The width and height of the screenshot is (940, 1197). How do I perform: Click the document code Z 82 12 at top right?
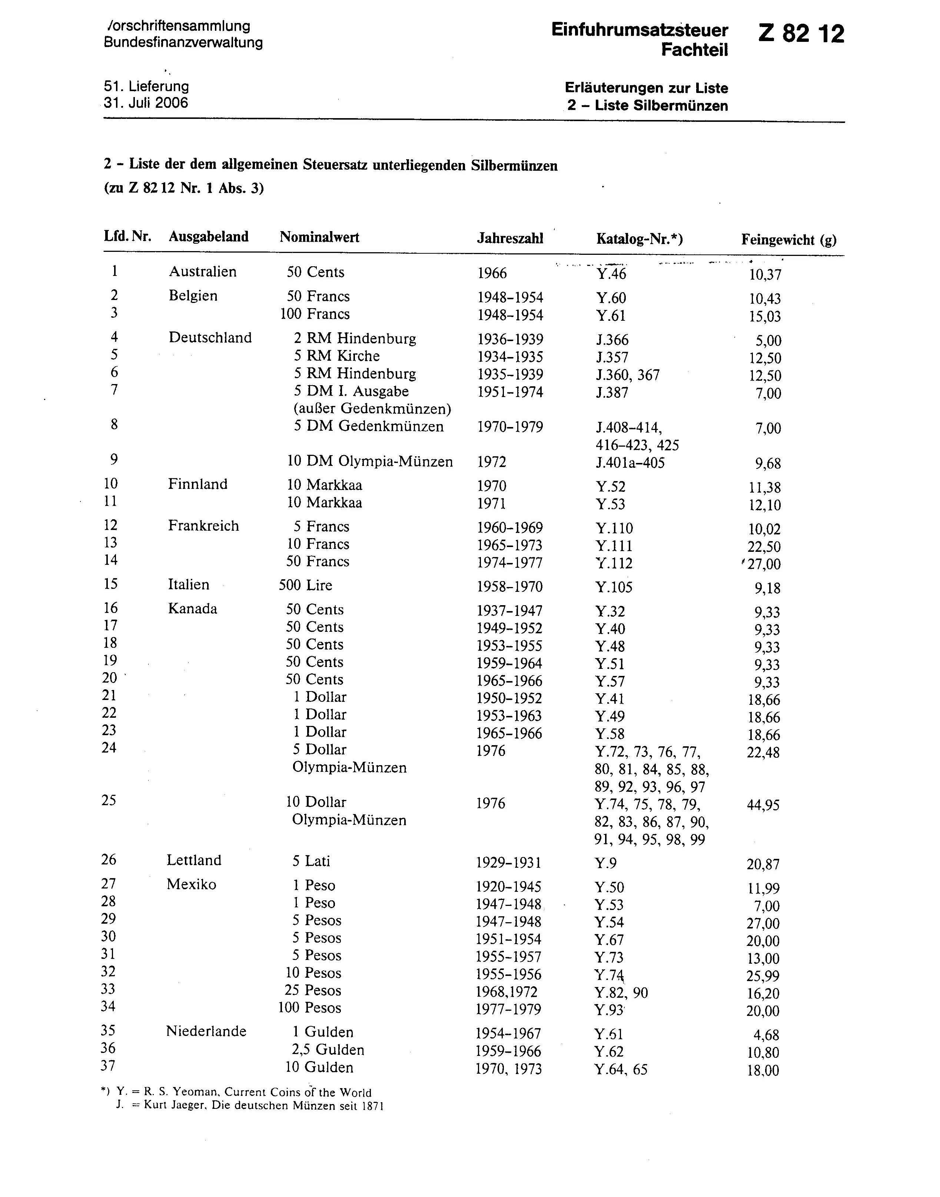click(801, 34)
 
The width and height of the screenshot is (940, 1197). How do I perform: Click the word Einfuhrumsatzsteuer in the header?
click(639, 30)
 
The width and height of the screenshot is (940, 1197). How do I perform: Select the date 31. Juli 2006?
click(146, 103)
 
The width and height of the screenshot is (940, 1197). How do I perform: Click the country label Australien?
click(203, 272)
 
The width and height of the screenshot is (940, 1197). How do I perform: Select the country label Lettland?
click(194, 860)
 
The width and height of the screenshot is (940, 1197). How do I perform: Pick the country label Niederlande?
click(206, 1031)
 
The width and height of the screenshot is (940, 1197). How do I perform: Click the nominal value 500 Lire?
click(305, 585)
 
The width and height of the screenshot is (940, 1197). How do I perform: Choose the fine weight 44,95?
click(763, 805)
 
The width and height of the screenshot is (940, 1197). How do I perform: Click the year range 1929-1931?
click(508, 863)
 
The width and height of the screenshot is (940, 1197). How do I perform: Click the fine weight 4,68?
click(766, 1035)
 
